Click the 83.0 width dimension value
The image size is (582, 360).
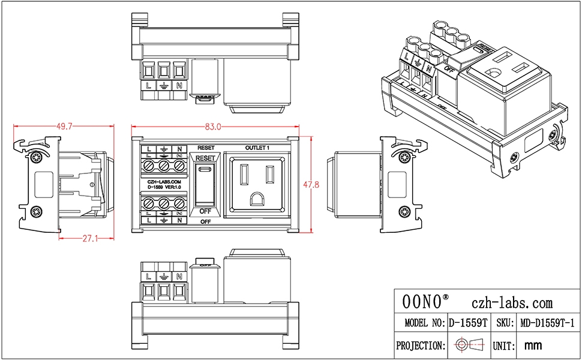(x=213, y=127)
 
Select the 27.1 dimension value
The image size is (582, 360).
(x=90, y=239)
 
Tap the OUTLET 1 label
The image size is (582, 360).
(x=258, y=148)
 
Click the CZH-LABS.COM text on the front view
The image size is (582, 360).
(x=163, y=181)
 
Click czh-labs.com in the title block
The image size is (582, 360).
(x=512, y=303)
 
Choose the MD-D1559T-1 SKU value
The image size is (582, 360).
(x=547, y=323)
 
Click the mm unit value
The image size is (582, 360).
(x=533, y=346)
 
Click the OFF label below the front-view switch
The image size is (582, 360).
(x=206, y=222)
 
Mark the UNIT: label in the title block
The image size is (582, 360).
(x=505, y=346)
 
